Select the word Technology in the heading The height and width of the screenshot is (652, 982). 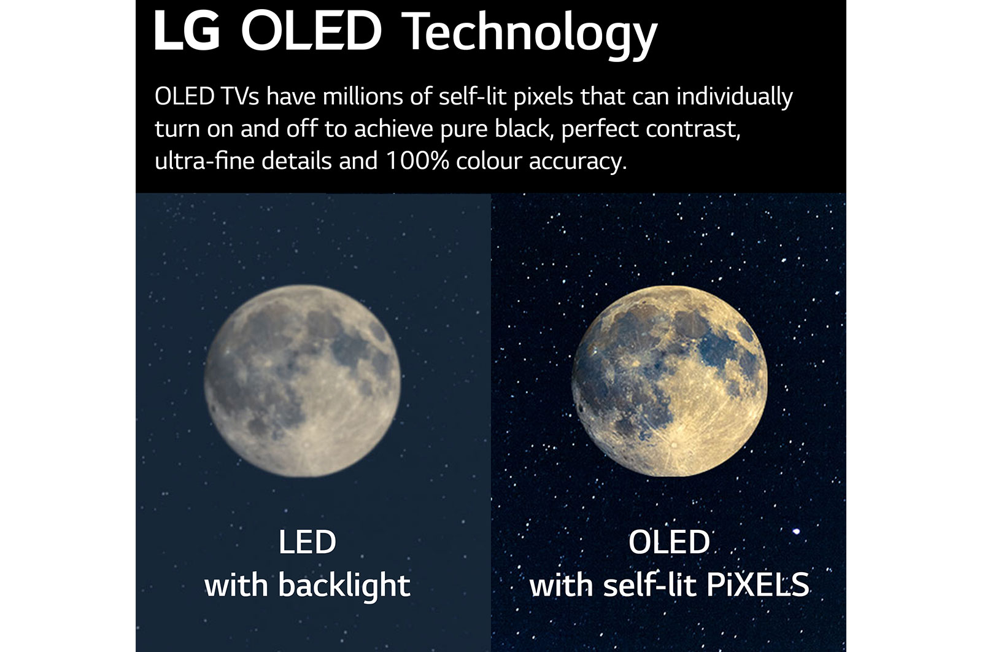[x=531, y=34]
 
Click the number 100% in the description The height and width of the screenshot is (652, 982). [x=417, y=161]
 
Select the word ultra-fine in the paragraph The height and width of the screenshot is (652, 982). [x=204, y=161]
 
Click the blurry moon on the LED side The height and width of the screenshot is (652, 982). [x=302, y=381]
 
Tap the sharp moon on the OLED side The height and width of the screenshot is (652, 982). [x=669, y=381]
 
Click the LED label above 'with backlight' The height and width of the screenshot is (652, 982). [x=307, y=542]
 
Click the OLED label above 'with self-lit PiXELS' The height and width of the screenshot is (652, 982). [x=669, y=542]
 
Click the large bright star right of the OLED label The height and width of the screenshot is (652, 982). [x=797, y=531]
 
